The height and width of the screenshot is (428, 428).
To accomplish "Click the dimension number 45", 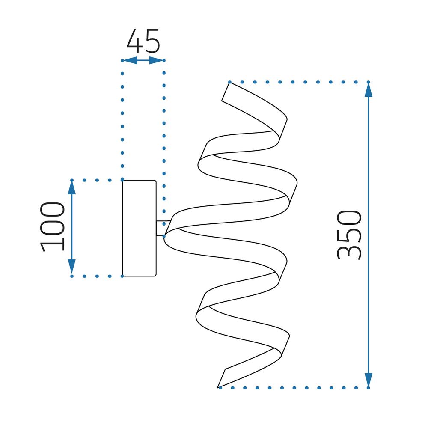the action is pyautogui.click(x=143, y=41).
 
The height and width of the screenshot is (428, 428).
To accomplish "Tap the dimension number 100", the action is pyautogui.click(x=52, y=226).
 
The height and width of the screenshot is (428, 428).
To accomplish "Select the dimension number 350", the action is pyautogui.click(x=349, y=235).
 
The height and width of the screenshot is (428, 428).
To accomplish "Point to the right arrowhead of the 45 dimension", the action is pyautogui.click(x=156, y=60).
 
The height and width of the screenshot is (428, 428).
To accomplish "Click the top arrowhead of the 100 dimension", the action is pyautogui.click(x=72, y=188).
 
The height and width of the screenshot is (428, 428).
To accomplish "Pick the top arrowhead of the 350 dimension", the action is pyautogui.click(x=369, y=90).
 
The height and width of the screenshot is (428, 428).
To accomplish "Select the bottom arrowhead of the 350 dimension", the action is pyautogui.click(x=369, y=380).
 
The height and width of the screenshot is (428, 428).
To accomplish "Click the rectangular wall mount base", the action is pyautogui.click(x=139, y=228).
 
